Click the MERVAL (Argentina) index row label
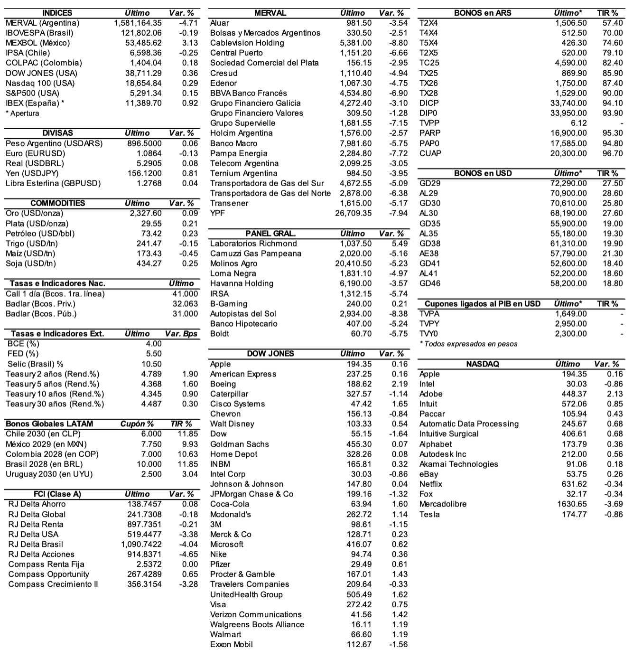[42, 23]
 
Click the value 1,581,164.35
[138, 23]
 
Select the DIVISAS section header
[57, 133]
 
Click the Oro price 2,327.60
[146, 213]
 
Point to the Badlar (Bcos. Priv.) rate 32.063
[185, 304]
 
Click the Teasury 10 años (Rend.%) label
[55, 394]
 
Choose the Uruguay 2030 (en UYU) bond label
[49, 474]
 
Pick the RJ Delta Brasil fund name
[36, 544]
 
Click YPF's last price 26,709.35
[353, 213]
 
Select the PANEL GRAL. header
[270, 234]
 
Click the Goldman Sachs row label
[239, 444]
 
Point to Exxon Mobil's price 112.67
[359, 644]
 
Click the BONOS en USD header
[483, 173]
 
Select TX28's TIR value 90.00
[612, 93]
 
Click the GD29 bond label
[429, 183]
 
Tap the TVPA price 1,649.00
[571, 314]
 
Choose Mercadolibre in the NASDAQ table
[443, 504]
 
